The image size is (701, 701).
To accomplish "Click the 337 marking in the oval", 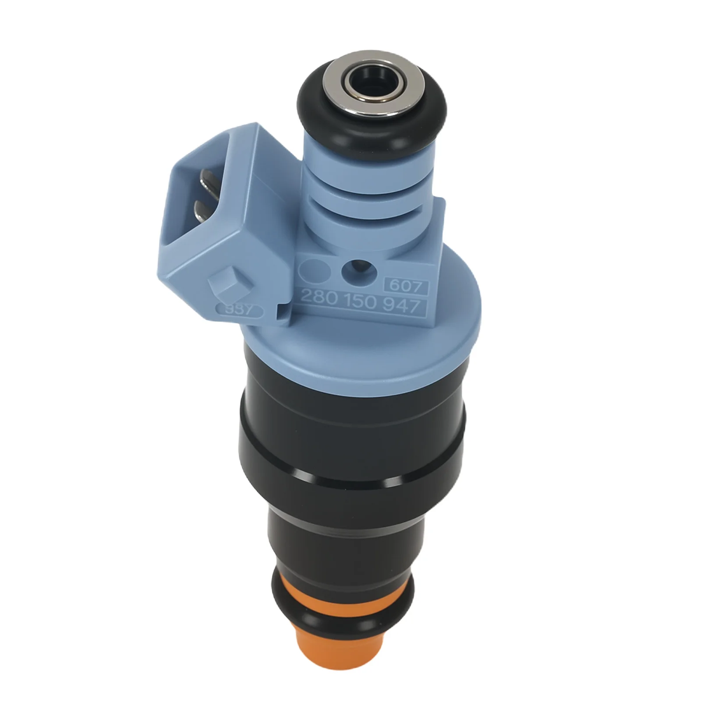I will tap(239, 310).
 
